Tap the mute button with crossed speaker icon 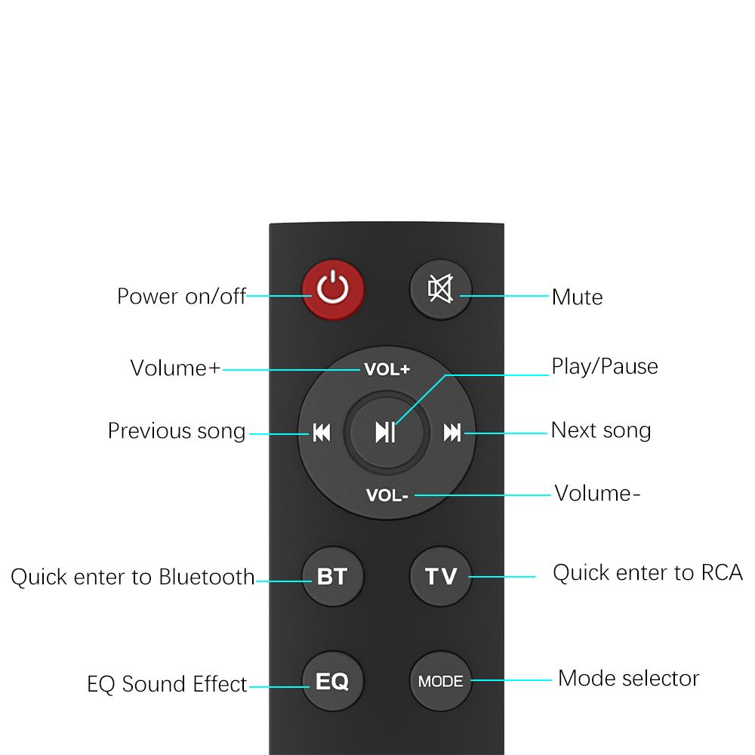pyautogui.click(x=441, y=289)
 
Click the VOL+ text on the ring pyautogui.click(x=387, y=369)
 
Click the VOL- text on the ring pyautogui.click(x=387, y=495)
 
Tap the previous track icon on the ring pyautogui.click(x=322, y=433)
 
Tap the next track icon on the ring pyautogui.click(x=452, y=433)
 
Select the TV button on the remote pyautogui.click(x=441, y=576)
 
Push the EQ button pyautogui.click(x=333, y=681)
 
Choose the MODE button pyautogui.click(x=441, y=681)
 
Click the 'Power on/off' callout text pyautogui.click(x=181, y=296)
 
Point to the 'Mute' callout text pyautogui.click(x=577, y=297)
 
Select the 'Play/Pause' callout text pyautogui.click(x=604, y=366)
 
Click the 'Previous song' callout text pyautogui.click(x=177, y=431)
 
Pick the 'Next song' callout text pyautogui.click(x=601, y=430)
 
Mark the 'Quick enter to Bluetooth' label pyautogui.click(x=132, y=577)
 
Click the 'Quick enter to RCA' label pyautogui.click(x=648, y=572)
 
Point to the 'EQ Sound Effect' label pyautogui.click(x=167, y=684)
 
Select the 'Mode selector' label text pyautogui.click(x=628, y=679)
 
